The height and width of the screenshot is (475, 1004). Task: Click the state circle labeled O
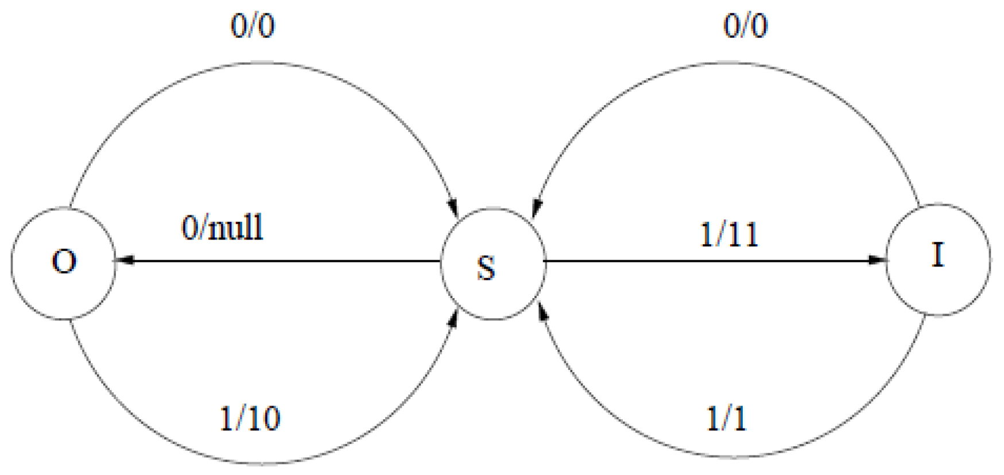point(64,263)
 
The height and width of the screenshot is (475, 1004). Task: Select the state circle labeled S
point(493,264)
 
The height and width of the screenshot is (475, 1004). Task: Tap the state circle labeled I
point(938,259)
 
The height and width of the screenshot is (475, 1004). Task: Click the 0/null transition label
point(222,228)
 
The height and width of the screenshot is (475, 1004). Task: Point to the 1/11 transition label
point(730,235)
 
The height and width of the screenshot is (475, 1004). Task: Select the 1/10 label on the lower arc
point(250,418)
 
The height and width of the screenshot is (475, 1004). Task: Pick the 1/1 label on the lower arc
point(726,418)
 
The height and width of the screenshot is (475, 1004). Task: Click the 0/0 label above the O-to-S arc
point(253,26)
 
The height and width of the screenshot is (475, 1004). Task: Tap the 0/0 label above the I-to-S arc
point(745,26)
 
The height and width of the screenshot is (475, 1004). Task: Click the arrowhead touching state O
point(124,261)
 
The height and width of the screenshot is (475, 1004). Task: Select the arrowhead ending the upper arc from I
point(536,207)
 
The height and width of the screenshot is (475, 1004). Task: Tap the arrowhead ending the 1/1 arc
point(541,312)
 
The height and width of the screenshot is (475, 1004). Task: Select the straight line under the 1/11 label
point(712,261)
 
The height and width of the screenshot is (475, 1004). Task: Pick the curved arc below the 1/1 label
point(735,458)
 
